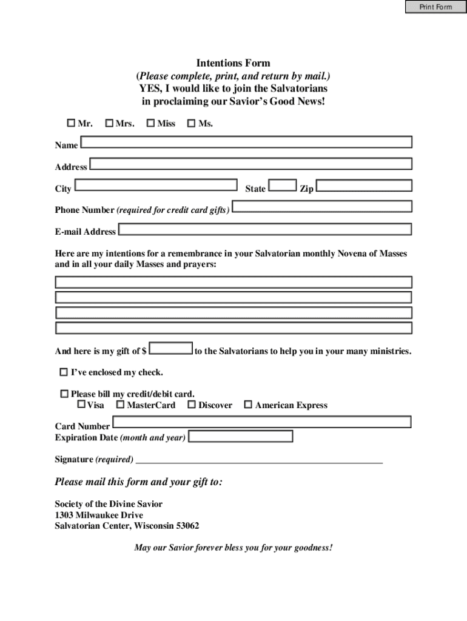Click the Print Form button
point(435,7)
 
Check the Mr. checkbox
point(71,124)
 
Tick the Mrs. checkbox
point(109,124)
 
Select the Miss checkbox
point(151,124)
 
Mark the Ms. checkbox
point(192,124)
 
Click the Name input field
point(246,142)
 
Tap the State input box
point(283,185)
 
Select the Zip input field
point(364,185)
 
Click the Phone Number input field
point(322,207)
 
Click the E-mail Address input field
point(265,229)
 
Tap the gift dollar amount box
point(171,349)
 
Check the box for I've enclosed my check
point(64,372)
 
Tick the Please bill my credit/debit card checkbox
point(64,394)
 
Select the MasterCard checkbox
point(120,404)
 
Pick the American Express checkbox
point(247,404)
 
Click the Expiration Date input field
point(241,436)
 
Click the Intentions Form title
point(233,63)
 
